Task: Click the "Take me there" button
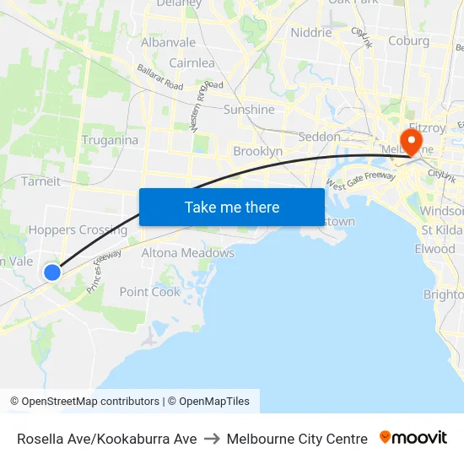(x=232, y=207)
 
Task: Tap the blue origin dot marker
(x=52, y=272)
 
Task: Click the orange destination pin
(x=413, y=139)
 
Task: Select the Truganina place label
(x=110, y=140)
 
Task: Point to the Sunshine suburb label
(x=249, y=110)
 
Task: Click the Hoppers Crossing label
(x=78, y=229)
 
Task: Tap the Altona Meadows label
(x=187, y=253)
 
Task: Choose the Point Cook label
(x=150, y=292)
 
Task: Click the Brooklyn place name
(x=257, y=151)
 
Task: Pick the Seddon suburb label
(x=320, y=137)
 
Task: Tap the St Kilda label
(x=441, y=230)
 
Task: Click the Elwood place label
(x=434, y=249)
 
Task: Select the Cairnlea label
(x=192, y=63)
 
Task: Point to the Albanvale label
(x=168, y=42)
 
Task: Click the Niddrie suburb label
(x=310, y=33)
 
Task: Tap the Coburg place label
(x=408, y=40)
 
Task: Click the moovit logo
(x=413, y=438)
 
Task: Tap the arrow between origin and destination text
(x=212, y=439)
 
